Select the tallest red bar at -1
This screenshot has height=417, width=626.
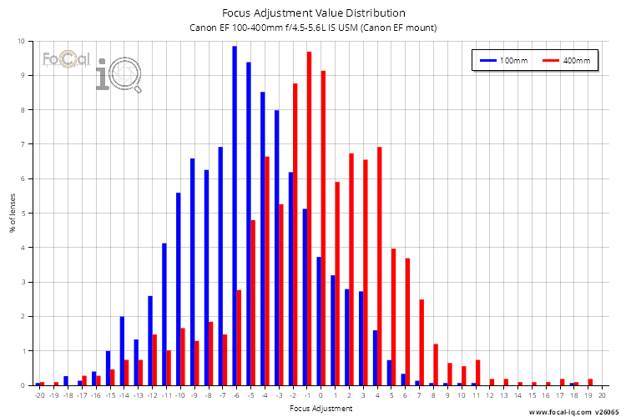click(x=309, y=219)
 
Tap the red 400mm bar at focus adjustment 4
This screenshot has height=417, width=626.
click(x=380, y=266)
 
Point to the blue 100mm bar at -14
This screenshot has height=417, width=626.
click(x=122, y=350)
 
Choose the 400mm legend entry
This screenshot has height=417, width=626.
click(x=567, y=61)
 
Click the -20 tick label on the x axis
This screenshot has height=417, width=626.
click(x=39, y=395)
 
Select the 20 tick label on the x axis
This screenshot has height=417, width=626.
click(x=602, y=395)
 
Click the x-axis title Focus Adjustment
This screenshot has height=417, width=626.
click(x=321, y=409)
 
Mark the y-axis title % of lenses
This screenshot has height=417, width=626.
click(x=12, y=213)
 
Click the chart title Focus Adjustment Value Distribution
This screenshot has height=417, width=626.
click(x=314, y=13)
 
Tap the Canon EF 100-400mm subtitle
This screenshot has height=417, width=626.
click(x=314, y=28)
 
